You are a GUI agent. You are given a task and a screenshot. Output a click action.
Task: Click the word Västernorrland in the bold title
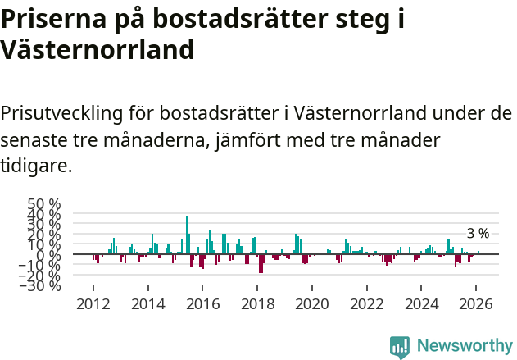tap(98, 50)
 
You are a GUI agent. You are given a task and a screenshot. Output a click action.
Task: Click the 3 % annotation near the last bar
tap(478, 234)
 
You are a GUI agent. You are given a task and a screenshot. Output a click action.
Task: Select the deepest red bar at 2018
tap(261, 263)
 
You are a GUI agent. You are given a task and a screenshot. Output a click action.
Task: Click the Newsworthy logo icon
tap(400, 346)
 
